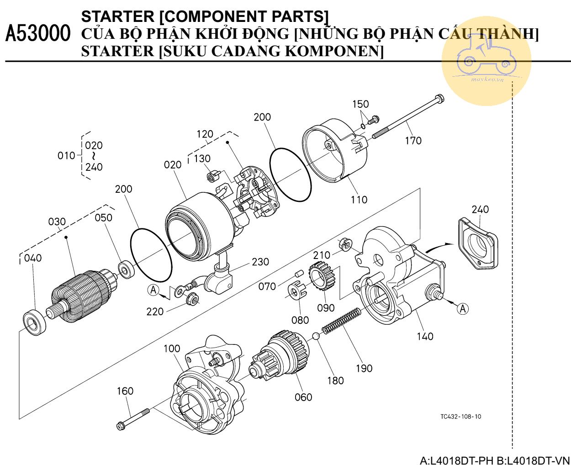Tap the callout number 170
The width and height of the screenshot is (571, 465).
click(x=413, y=140)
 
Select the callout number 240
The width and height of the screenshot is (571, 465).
click(x=480, y=209)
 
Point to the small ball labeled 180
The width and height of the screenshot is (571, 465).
click(x=315, y=337)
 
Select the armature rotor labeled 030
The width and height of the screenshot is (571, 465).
click(x=80, y=295)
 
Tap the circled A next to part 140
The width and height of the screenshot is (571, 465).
click(x=463, y=309)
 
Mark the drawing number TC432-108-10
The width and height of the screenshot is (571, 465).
click(x=460, y=417)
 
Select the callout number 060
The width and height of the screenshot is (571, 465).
click(x=303, y=397)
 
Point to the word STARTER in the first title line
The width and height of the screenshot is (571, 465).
click(x=117, y=16)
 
